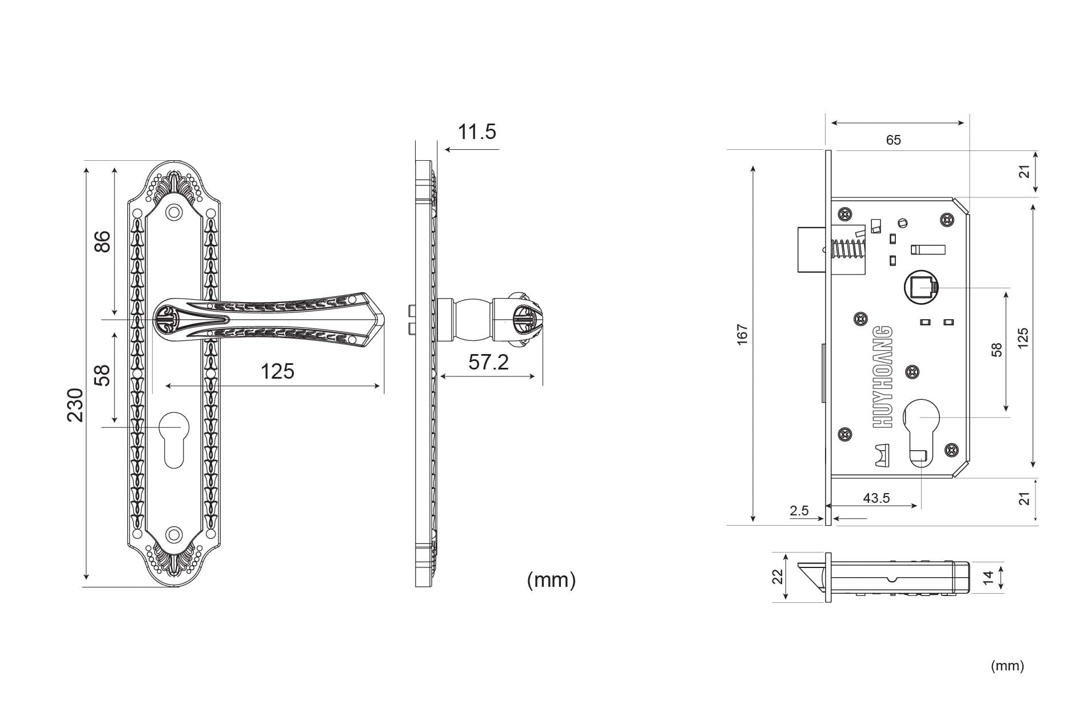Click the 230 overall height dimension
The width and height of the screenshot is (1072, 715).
(x=75, y=404)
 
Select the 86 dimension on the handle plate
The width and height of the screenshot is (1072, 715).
(x=102, y=241)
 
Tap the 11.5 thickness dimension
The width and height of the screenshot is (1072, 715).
(x=477, y=132)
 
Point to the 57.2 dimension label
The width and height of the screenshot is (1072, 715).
(x=488, y=362)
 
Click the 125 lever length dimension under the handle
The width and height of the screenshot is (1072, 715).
(x=277, y=371)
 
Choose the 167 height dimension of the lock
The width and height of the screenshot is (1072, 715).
(x=742, y=335)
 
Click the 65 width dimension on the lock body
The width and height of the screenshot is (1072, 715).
(x=893, y=140)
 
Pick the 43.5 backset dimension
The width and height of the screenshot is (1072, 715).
(x=876, y=498)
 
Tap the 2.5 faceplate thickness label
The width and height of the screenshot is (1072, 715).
(x=799, y=511)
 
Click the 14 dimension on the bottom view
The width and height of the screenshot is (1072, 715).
(x=989, y=578)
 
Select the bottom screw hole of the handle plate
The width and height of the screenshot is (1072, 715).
(x=173, y=535)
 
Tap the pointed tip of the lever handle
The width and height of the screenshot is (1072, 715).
(x=384, y=318)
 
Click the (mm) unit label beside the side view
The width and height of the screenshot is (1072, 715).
(x=551, y=580)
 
